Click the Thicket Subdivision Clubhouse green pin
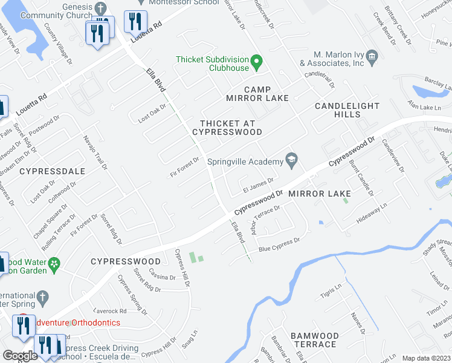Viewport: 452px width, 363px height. click(256, 60)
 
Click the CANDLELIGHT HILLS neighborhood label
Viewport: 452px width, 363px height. click(347, 110)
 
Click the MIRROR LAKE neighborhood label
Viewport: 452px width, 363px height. click(319, 194)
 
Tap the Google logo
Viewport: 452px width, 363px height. click(20, 356)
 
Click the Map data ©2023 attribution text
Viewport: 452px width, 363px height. click(426, 358)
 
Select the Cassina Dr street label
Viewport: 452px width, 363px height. click(162, 276)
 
